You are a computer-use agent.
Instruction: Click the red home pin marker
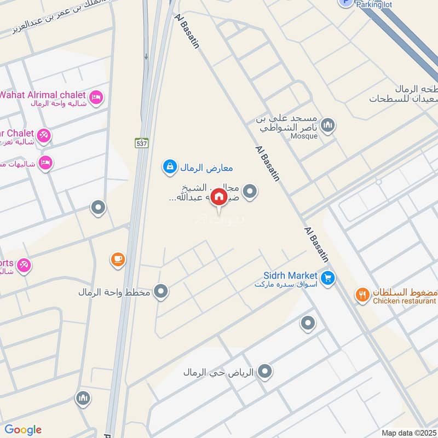(x=218, y=197)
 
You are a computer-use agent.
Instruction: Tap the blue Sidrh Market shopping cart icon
(x=327, y=279)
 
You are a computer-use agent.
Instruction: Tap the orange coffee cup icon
(x=117, y=260)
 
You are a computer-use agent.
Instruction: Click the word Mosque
(x=304, y=136)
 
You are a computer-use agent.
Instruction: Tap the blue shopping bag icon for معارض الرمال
(x=170, y=166)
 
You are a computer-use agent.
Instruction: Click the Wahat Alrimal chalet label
(x=43, y=95)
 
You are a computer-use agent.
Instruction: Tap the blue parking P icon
(x=345, y=2)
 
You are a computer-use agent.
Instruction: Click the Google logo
(x=23, y=430)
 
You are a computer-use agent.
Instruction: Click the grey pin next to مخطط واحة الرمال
(x=160, y=292)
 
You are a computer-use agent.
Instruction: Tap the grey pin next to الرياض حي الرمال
(x=265, y=372)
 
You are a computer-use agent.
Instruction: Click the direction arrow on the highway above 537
(x=146, y=56)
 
